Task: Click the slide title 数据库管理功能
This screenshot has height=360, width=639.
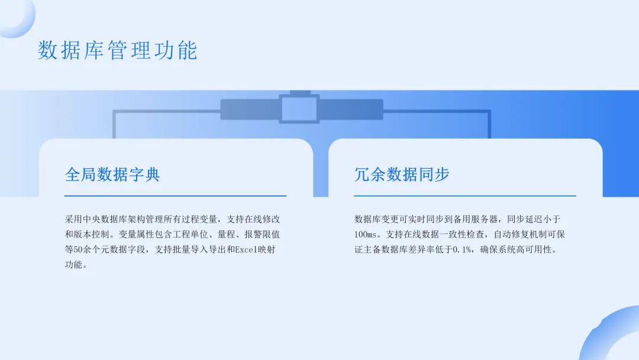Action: click(117, 51)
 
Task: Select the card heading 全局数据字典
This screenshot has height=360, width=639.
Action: click(112, 175)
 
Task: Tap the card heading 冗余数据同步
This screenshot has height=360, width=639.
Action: click(402, 175)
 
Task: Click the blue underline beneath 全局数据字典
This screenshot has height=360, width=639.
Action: click(175, 195)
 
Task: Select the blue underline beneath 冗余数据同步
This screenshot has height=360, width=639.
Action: click(464, 195)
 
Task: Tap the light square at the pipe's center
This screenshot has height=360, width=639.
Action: click(299, 110)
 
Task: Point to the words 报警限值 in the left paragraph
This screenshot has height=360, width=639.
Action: click(257, 234)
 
